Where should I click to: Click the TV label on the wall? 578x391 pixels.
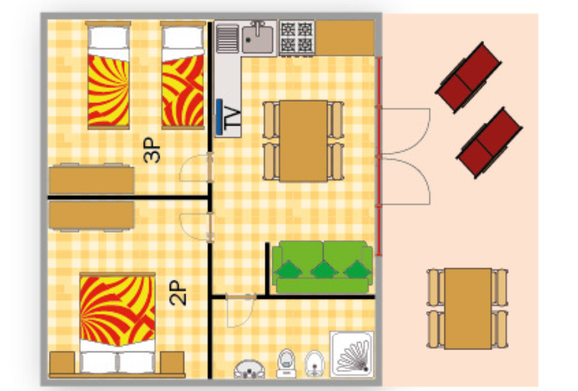coord(232,117)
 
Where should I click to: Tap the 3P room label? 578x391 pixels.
coord(152,150)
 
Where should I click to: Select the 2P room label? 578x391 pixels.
coord(178,293)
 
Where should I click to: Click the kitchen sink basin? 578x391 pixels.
coord(258,38)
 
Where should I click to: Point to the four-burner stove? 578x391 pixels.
coord(297,37)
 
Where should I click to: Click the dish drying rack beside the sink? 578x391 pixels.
coord(227,38)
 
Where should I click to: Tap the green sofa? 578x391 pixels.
coord(322,267)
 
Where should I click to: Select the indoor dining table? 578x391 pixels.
coord(303,141)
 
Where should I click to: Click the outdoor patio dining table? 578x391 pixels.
coord(468,309)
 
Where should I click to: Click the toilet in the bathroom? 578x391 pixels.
coord(287,363)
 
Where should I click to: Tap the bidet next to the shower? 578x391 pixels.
coord(314,363)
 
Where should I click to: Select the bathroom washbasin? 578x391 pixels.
coord(249,369)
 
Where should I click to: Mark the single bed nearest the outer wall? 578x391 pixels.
coord(108,75)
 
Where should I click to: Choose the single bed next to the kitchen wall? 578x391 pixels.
coord(183,75)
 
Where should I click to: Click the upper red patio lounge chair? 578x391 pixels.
coord(468,77)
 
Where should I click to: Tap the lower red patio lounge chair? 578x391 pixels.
coord(489,143)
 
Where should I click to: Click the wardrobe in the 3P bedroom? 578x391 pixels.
coord(92,179)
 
